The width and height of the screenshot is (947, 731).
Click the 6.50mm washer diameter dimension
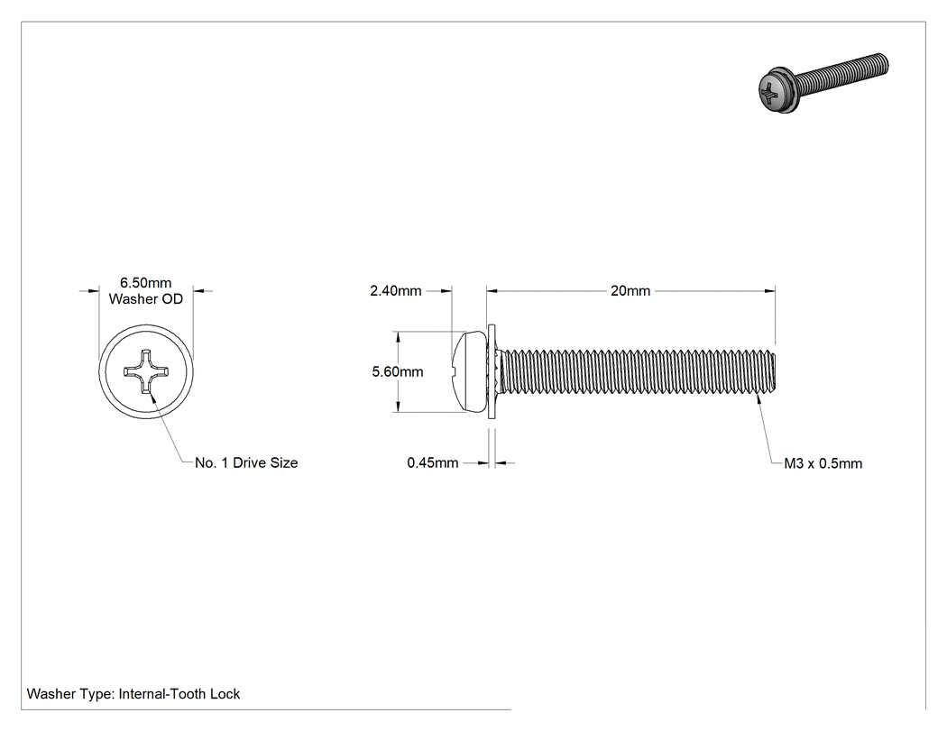[x=145, y=282]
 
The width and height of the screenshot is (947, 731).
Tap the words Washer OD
[x=145, y=298]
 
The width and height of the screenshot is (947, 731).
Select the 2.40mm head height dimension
[x=396, y=291]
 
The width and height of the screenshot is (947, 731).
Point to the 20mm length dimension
[x=630, y=291]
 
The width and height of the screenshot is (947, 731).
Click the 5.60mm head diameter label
[x=398, y=372]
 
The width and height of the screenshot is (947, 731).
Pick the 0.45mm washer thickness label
[x=432, y=463]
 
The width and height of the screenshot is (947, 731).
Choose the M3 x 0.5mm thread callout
[x=823, y=463]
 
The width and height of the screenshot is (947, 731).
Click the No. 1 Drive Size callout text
[x=246, y=463]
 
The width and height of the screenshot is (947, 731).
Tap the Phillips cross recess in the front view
[x=146, y=371]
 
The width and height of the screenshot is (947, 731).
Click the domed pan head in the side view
[x=469, y=372]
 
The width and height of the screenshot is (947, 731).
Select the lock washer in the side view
[x=492, y=372]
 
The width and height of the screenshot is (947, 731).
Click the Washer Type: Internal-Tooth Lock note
[x=133, y=694]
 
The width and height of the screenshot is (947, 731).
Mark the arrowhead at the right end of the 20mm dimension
[x=770, y=291]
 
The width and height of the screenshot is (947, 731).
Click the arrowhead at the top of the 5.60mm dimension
[x=398, y=336]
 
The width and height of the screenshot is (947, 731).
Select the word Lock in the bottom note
[x=225, y=694]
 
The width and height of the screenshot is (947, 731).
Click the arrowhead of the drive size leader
[x=152, y=397]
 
